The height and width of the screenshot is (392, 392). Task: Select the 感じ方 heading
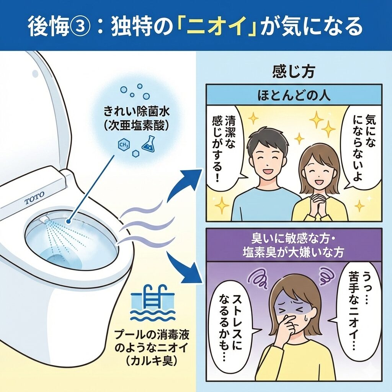[294, 72]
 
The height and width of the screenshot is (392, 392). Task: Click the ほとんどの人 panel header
[294, 96]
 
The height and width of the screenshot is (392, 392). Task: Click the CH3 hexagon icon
[124, 145]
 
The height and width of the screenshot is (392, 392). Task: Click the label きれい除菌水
[137, 111]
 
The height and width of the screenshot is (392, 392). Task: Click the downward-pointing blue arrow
[185, 268]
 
